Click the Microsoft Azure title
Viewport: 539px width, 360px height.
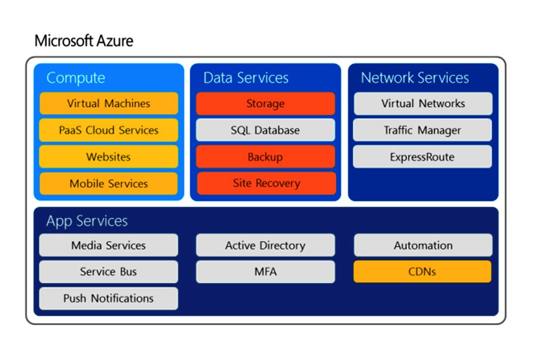[84, 41]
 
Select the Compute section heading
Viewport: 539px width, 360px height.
[76, 78]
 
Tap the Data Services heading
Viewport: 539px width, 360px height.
[246, 78]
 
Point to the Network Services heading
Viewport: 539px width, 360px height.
[415, 78]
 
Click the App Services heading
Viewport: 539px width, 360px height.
[87, 221]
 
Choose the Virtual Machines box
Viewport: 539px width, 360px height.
[109, 103]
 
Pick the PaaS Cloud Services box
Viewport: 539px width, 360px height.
[109, 130]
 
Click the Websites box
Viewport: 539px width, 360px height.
[109, 157]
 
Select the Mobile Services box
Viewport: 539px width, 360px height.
[109, 184]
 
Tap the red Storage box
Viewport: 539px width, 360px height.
[265, 103]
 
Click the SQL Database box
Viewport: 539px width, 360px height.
[265, 130]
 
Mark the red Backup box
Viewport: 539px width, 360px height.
[265, 157]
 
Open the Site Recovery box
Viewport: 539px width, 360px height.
[267, 183]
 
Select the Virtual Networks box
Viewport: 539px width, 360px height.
[423, 103]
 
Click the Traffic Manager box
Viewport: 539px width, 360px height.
[422, 130]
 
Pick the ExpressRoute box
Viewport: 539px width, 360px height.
[422, 157]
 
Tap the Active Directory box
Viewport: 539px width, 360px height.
[265, 245]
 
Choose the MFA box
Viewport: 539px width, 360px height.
[265, 271]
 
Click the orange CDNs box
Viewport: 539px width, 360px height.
[422, 271]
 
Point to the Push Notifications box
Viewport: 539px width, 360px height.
[109, 298]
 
